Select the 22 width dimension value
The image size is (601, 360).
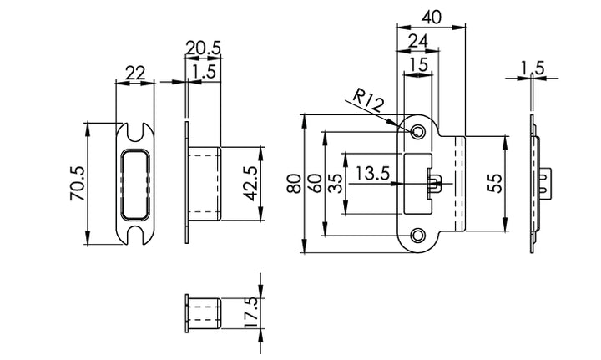click(x=134, y=73)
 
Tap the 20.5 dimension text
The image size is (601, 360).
click(x=203, y=48)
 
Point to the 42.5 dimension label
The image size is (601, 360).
click(x=250, y=181)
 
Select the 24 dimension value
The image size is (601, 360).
click(x=419, y=40)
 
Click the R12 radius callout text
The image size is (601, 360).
click(x=366, y=104)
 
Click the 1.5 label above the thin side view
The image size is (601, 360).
click(x=533, y=67)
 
